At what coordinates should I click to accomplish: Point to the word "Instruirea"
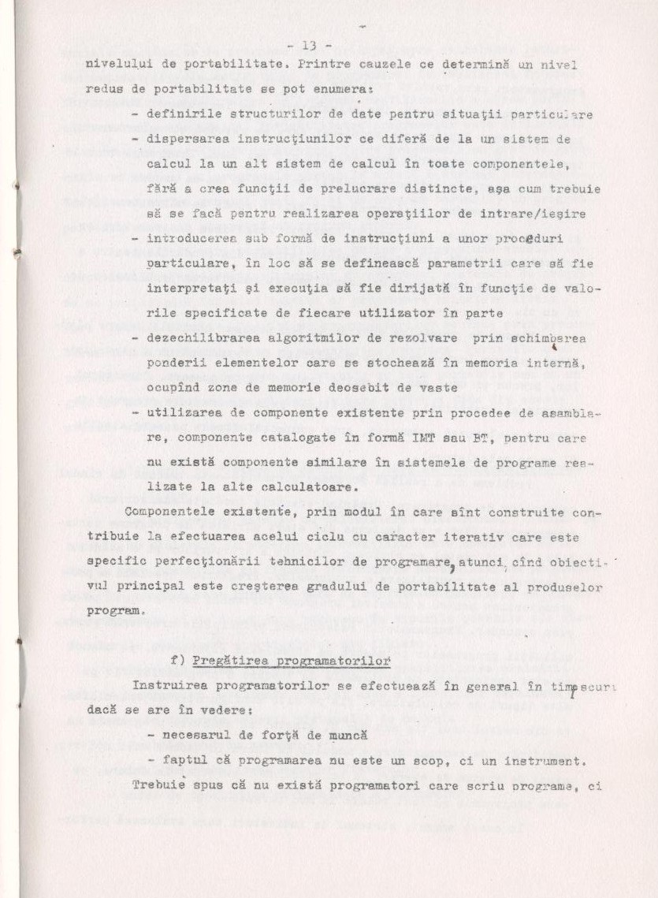(x=170, y=684)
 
